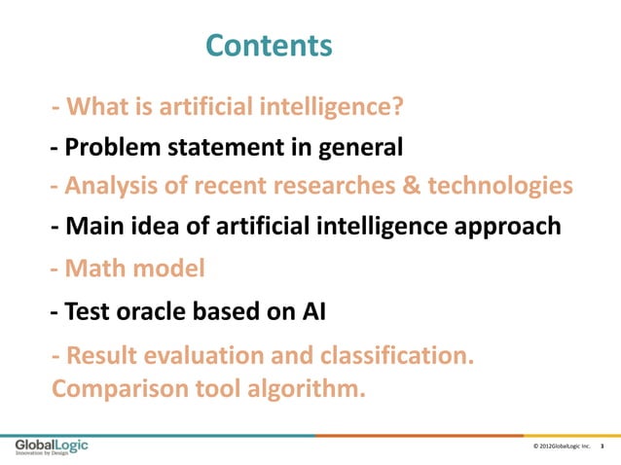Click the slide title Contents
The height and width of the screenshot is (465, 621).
270,46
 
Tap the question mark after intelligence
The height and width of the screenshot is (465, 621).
399,105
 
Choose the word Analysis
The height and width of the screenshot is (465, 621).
116,185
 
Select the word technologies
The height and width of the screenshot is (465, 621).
496,185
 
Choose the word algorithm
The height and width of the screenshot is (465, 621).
306,390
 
